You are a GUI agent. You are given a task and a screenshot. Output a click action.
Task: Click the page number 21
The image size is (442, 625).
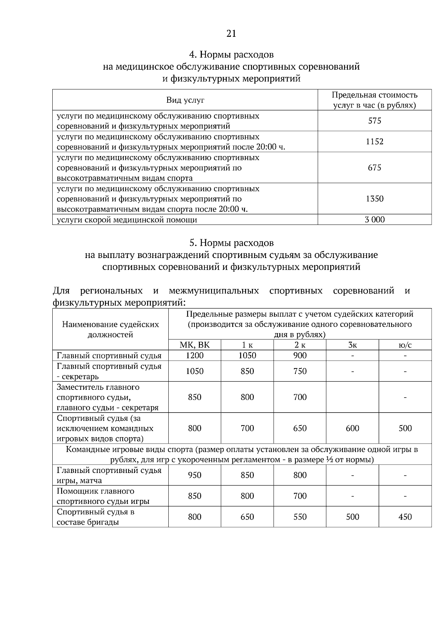[x=231, y=34]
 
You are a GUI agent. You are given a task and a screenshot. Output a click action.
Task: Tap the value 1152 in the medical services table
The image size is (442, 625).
[x=375, y=142]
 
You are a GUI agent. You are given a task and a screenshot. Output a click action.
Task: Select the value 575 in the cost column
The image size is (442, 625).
[x=375, y=121]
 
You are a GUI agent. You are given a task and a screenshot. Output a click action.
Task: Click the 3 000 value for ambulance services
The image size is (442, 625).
[x=375, y=220]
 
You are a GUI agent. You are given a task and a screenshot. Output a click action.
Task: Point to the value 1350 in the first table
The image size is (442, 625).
[x=375, y=199]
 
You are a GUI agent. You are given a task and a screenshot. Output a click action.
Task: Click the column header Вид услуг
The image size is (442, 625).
[x=185, y=100]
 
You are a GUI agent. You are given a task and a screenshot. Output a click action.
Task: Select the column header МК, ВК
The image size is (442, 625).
[x=194, y=345]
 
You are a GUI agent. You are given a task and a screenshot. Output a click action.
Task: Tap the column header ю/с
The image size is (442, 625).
[x=405, y=345]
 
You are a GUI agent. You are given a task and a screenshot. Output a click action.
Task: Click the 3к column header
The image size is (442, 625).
[x=352, y=345]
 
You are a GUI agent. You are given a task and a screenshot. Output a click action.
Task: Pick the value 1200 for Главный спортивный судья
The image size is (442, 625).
[x=194, y=356]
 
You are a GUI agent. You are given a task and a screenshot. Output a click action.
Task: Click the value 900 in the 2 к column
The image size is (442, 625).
[x=300, y=356]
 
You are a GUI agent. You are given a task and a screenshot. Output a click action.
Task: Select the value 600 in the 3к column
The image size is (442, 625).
[x=352, y=428]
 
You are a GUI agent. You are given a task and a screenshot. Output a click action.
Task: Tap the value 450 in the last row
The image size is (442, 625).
[x=405, y=517]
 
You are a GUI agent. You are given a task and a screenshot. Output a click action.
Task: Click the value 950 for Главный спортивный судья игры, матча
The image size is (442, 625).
[x=194, y=475]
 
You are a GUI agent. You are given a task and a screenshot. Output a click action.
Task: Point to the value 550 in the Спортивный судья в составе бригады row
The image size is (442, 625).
[x=300, y=517]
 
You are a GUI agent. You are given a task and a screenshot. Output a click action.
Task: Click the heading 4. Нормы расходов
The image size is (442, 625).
[x=231, y=55]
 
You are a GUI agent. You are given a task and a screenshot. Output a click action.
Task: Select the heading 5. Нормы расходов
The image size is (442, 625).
[x=231, y=243]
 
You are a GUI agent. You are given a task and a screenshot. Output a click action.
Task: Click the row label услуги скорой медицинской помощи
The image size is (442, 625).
[x=127, y=220]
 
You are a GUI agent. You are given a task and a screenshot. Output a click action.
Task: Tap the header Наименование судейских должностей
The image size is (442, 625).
[x=110, y=329]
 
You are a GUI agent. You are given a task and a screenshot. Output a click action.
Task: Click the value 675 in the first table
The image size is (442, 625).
[x=375, y=168]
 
